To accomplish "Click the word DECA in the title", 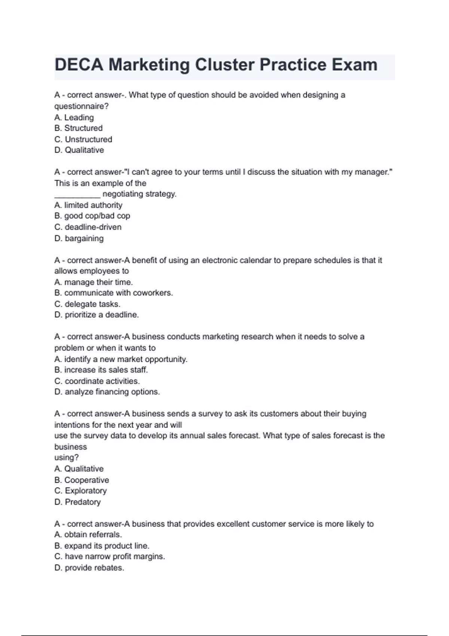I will [79, 65].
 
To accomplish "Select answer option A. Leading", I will [74, 117].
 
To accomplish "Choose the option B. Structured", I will [78, 128].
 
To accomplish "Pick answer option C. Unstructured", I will [83, 139].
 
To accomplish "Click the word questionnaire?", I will [81, 106].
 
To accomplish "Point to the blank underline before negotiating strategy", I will [77, 194].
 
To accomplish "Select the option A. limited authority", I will [88, 205].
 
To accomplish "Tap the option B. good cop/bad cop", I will [92, 216].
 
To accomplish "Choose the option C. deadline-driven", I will [88, 227].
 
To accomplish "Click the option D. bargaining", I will [79, 238].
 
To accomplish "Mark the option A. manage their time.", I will [94, 282].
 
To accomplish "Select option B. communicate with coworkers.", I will [113, 293].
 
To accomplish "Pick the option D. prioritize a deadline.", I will [97, 315].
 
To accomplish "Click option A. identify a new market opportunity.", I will [121, 359].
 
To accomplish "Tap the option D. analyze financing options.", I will [107, 392].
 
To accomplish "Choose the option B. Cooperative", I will [82, 480].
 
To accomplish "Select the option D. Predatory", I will [77, 502].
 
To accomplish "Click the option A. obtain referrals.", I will [88, 535].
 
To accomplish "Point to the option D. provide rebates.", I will [89, 568].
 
